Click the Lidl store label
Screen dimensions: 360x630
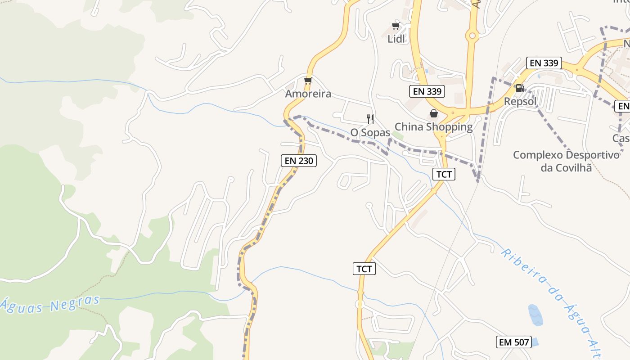tap(396, 39)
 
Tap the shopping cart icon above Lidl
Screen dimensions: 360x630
tap(396, 26)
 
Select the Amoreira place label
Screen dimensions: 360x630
tap(308, 94)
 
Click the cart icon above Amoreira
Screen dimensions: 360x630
tap(308, 81)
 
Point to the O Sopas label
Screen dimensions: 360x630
tap(370, 132)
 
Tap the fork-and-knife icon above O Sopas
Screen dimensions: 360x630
tap(370, 119)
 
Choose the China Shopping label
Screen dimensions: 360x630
tap(433, 126)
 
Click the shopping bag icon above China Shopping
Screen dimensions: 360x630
tap(433, 113)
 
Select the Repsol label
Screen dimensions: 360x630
tap(520, 101)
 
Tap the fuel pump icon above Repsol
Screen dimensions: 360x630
tap(520, 88)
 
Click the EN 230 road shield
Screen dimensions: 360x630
tap(299, 160)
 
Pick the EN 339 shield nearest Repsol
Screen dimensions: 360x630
tap(544, 63)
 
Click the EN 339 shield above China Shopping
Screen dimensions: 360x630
tap(427, 91)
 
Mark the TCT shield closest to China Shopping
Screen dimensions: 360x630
tap(444, 174)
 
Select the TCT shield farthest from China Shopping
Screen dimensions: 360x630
tap(364, 269)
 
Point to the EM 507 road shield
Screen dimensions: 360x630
tap(514, 342)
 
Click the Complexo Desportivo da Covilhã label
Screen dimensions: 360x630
tap(566, 161)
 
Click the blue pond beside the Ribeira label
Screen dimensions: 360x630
tap(535, 315)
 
